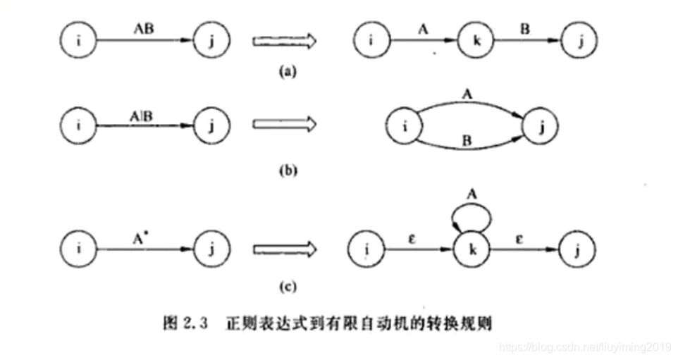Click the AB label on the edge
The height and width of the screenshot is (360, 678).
[144, 30]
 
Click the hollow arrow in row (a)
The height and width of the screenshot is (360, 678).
[283, 41]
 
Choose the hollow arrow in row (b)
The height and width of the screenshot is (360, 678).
[283, 125]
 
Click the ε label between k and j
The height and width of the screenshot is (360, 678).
[522, 237]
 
